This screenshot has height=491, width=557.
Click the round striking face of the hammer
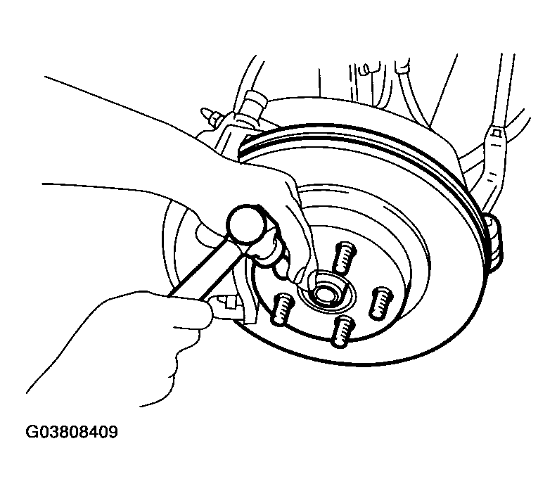coord(246,224)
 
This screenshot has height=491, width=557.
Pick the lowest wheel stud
coord(342,331)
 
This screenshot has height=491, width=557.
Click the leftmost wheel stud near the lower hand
coord(282,309)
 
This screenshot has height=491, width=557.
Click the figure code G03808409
coord(72,432)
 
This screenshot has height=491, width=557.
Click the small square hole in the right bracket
coord(497,133)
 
